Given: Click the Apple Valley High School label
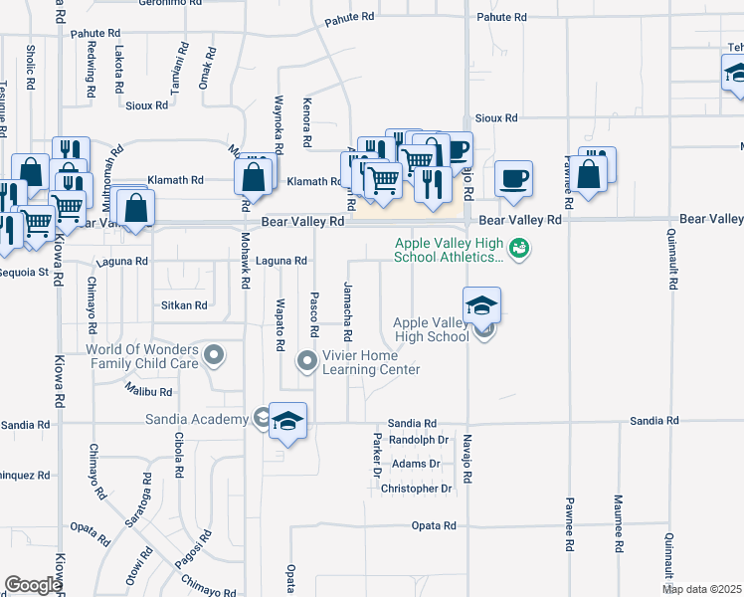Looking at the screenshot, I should click(431, 329).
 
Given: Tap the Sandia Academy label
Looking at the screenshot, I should click(196, 420).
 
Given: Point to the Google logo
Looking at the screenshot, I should click(33, 585).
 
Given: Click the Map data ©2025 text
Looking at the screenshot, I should click(701, 589).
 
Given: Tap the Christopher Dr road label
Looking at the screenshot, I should click(416, 489).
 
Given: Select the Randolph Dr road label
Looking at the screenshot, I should click(419, 439).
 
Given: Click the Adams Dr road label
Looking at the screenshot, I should click(416, 464).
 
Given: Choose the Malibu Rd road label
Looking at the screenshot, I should click(149, 392).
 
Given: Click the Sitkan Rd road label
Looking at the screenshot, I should click(184, 306).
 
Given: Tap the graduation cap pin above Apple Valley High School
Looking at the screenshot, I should click(481, 304).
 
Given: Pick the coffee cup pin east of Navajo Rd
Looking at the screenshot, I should click(513, 179).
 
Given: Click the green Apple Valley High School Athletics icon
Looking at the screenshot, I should click(517, 248).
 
